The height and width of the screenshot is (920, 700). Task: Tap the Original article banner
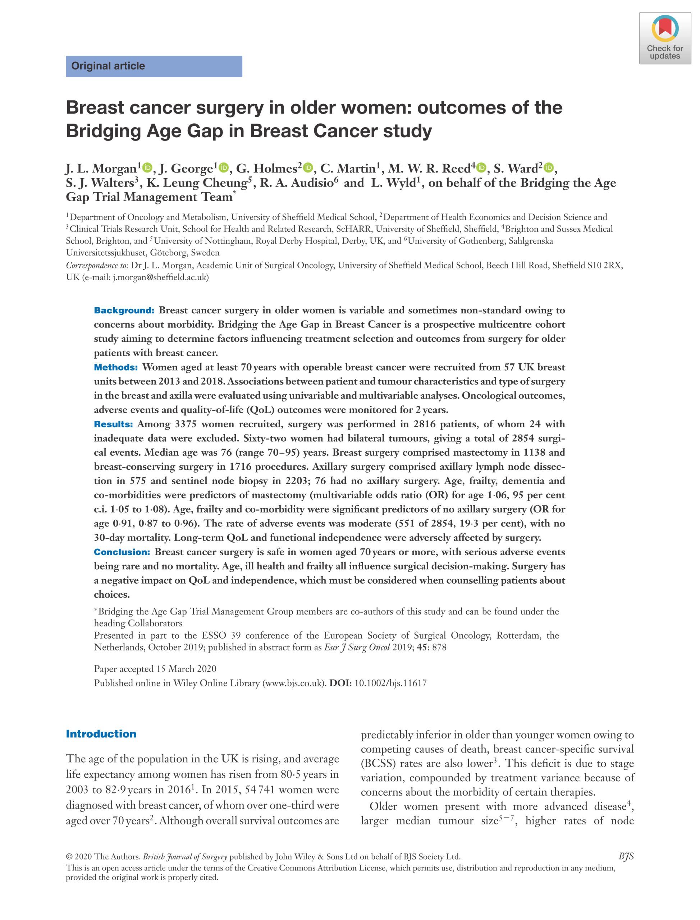(x=154, y=66)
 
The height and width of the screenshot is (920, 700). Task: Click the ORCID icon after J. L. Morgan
(x=147, y=168)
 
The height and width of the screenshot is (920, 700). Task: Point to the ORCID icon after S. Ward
(x=549, y=168)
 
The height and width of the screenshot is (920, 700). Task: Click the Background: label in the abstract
(x=124, y=310)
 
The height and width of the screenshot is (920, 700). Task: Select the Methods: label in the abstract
(x=116, y=367)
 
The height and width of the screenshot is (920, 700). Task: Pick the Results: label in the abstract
(x=113, y=424)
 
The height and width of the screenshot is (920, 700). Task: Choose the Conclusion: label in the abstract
(x=122, y=552)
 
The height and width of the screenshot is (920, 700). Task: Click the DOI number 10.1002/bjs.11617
(x=390, y=683)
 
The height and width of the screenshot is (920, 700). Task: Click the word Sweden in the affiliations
(x=205, y=252)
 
